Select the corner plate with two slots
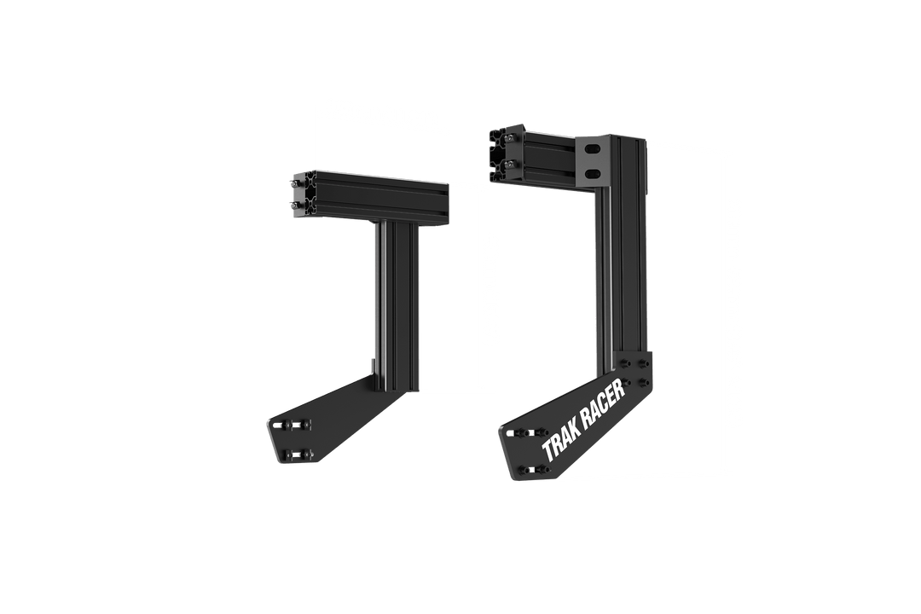tap(594, 162)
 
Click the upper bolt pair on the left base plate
tap(295, 423)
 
